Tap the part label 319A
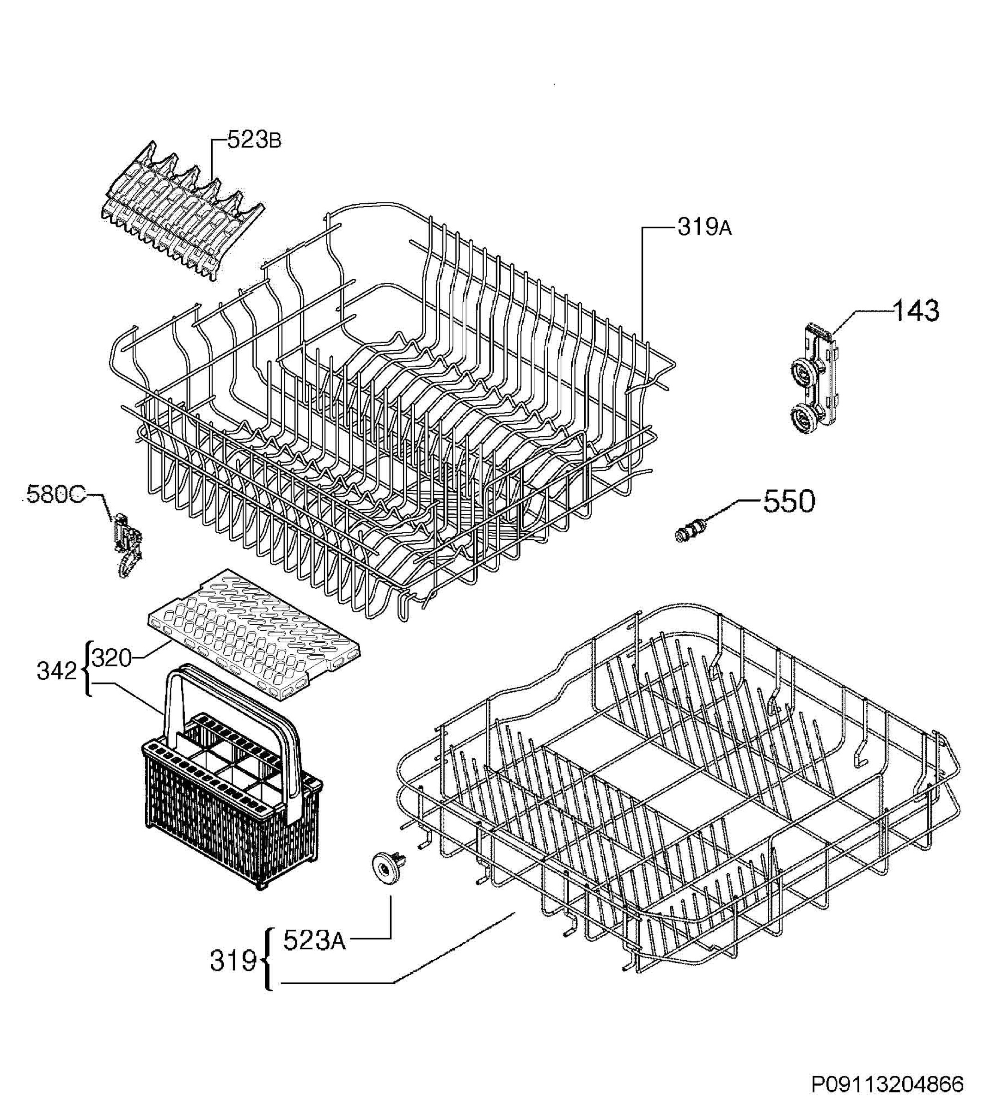704,227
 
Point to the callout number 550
789,501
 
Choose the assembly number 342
57,671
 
